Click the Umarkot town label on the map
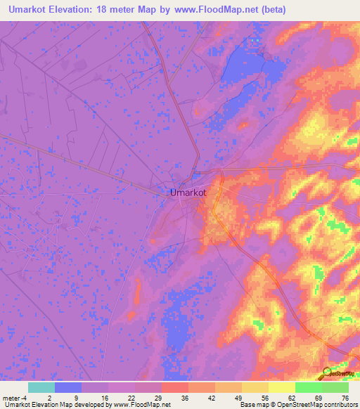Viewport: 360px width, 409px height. (188, 192)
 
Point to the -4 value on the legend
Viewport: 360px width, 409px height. (25, 398)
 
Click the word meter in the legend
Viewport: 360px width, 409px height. (11, 398)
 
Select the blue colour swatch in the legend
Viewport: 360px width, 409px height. (68, 387)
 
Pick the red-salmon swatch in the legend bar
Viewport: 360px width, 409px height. (175, 387)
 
